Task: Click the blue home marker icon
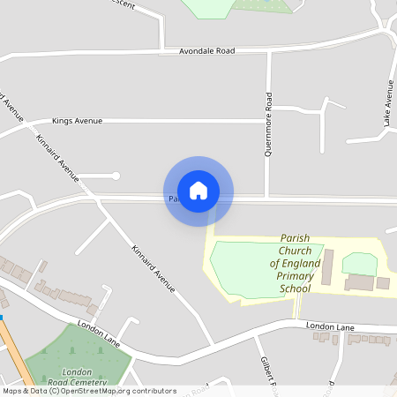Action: coord(198,191)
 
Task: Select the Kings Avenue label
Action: coord(78,121)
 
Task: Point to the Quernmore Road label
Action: coord(269,124)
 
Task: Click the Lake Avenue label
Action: coord(387,103)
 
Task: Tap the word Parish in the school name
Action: coord(296,238)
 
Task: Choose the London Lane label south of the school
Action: coord(329,326)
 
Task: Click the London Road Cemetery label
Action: coord(78,378)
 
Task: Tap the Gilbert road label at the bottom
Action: coord(267,371)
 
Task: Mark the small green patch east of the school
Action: coord(358,263)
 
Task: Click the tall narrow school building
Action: coord(327,266)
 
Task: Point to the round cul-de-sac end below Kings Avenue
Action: coord(116,176)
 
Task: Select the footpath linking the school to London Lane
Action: coord(298,308)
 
